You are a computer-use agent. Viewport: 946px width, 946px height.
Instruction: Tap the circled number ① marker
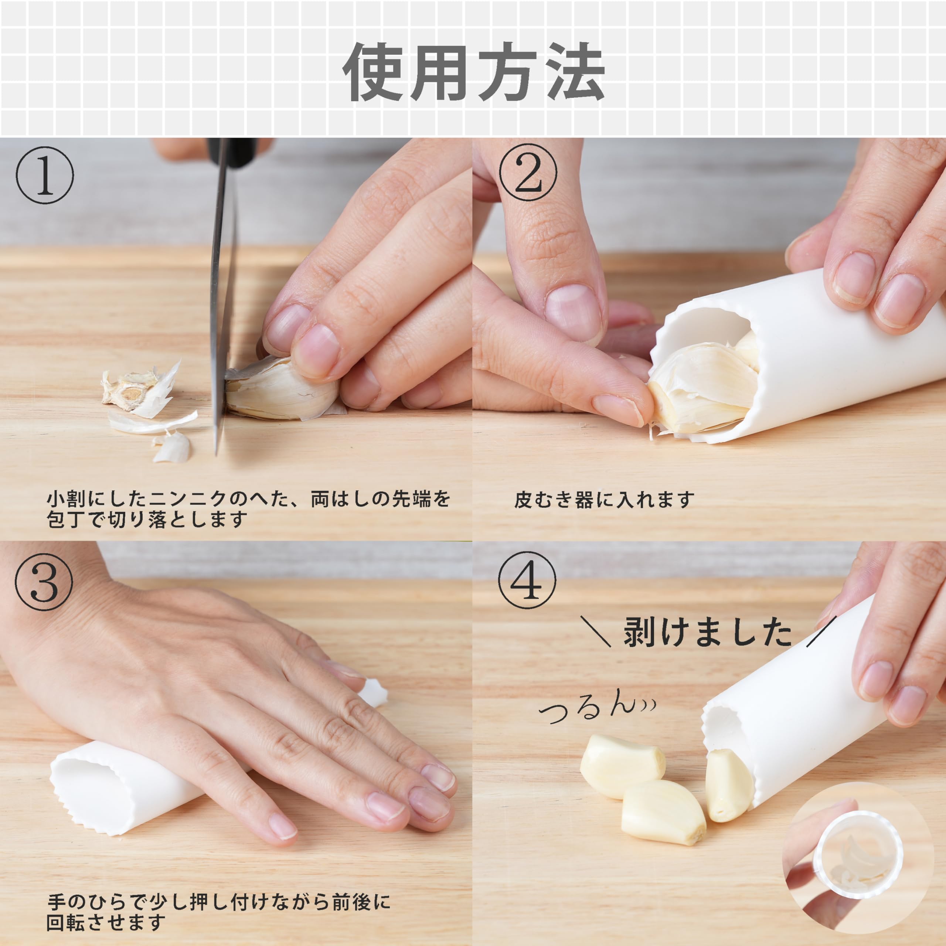tap(45, 175)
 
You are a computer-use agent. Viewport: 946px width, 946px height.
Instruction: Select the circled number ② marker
tap(528, 172)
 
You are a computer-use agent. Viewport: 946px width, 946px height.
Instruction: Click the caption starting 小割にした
tap(247, 510)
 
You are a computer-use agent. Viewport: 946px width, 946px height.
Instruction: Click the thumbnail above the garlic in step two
tap(573, 311)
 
